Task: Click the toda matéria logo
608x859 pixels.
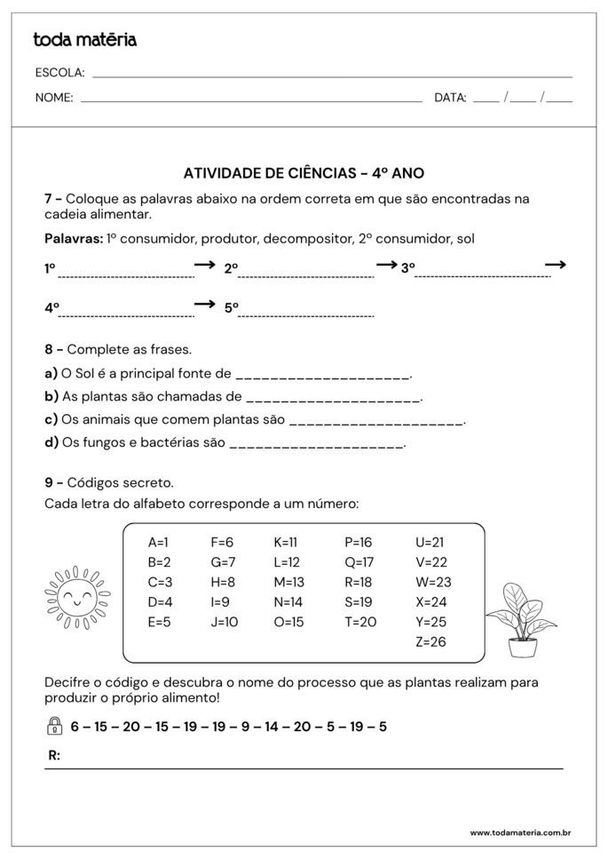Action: tap(84, 39)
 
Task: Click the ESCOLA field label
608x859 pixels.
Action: tap(59, 73)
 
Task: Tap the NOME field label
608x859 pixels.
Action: tap(54, 98)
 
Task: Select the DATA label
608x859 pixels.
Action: tap(450, 98)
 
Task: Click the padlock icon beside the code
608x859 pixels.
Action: tap(53, 727)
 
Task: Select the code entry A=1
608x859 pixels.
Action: tap(158, 542)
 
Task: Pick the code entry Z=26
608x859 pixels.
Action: tap(430, 641)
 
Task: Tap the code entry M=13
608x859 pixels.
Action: tap(288, 582)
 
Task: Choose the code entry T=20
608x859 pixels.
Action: tap(360, 622)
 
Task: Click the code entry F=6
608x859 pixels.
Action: tap(222, 542)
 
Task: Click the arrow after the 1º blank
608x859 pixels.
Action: tap(205, 265)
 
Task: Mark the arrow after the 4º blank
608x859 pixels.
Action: tap(205, 304)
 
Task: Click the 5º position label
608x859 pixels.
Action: tap(231, 308)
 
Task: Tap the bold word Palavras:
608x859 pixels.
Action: tap(73, 238)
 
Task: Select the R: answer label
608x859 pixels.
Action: tap(54, 756)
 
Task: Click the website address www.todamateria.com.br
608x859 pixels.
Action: tap(519, 832)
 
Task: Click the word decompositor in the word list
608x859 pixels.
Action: tap(309, 238)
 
